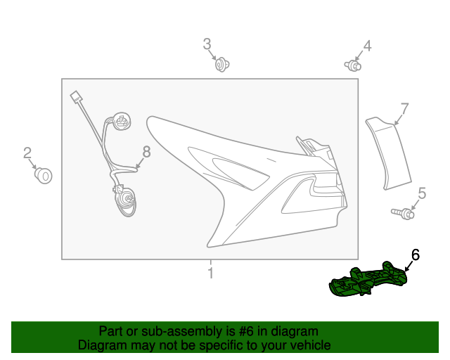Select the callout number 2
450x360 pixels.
[27, 153]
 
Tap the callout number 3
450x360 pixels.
[207, 44]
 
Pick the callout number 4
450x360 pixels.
[367, 46]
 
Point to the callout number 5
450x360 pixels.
[422, 193]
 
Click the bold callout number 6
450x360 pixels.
[415, 255]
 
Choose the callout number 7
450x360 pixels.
[404, 109]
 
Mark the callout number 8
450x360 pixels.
[146, 151]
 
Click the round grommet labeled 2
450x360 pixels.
[44, 174]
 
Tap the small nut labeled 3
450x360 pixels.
[223, 65]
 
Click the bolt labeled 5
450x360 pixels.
[402, 212]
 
